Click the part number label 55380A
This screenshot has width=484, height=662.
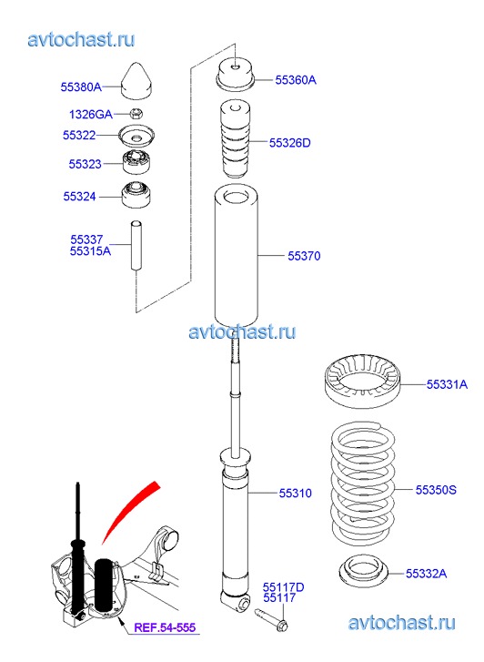(x=81, y=87)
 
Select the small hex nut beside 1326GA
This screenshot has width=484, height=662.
(x=136, y=113)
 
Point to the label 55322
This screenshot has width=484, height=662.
(x=79, y=135)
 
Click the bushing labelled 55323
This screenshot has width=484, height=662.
(x=136, y=162)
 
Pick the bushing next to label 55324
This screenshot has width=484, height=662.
(x=136, y=195)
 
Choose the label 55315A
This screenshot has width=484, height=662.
(x=90, y=251)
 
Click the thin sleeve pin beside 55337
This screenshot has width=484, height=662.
(x=136, y=245)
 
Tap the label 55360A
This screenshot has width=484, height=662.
(x=296, y=80)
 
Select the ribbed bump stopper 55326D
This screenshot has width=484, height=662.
(x=235, y=139)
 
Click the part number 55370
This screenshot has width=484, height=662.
(x=304, y=256)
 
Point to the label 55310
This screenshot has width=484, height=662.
(x=296, y=494)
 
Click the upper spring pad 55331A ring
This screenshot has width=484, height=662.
(x=363, y=382)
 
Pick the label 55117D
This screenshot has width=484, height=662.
(x=283, y=587)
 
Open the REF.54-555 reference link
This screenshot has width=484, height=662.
(x=165, y=627)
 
